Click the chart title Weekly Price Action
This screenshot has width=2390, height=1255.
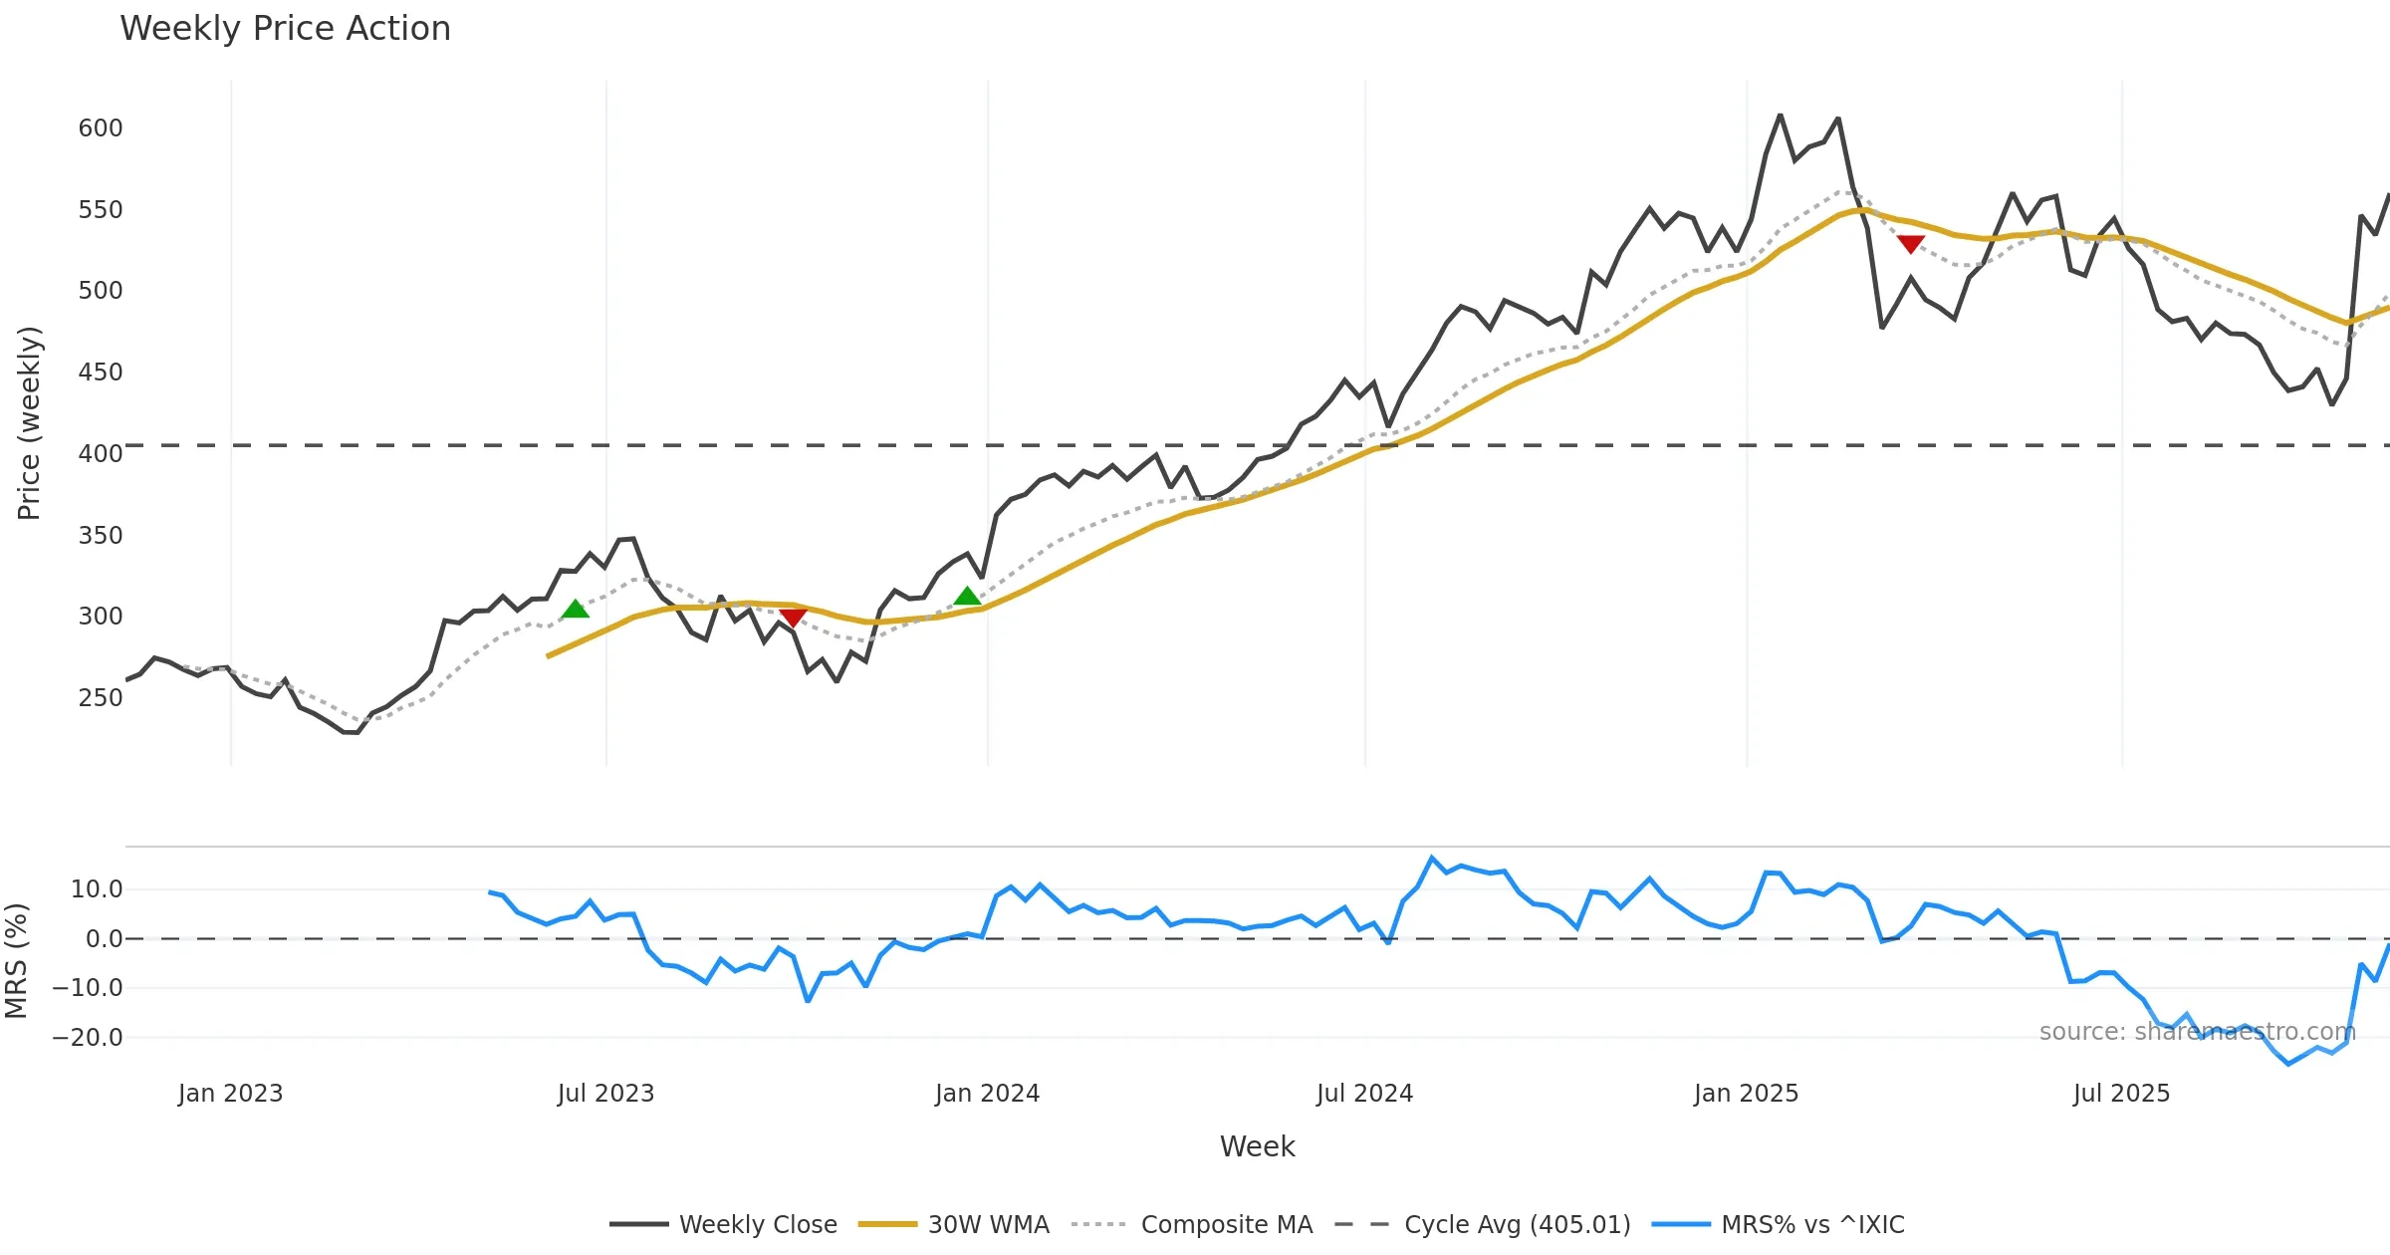point(285,29)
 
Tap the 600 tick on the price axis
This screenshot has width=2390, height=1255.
point(101,128)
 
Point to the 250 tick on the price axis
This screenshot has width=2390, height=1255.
point(101,697)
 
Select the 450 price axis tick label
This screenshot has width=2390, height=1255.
point(101,373)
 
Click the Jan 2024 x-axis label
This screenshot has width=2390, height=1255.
point(987,1094)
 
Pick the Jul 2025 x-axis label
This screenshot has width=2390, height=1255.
point(2121,1094)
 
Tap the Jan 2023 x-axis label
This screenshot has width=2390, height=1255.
point(231,1094)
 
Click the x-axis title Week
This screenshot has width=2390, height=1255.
point(1257,1147)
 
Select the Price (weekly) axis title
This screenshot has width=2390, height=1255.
point(30,423)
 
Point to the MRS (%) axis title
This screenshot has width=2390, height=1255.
point(16,961)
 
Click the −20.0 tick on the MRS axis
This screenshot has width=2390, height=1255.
point(88,1038)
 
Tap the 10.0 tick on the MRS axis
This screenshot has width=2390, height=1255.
point(97,889)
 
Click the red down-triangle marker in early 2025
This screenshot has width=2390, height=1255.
point(1910,244)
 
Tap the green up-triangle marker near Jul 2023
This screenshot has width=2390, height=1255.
point(575,610)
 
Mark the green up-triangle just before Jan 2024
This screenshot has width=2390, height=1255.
point(967,597)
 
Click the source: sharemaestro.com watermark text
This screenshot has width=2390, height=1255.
point(2197,1032)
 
